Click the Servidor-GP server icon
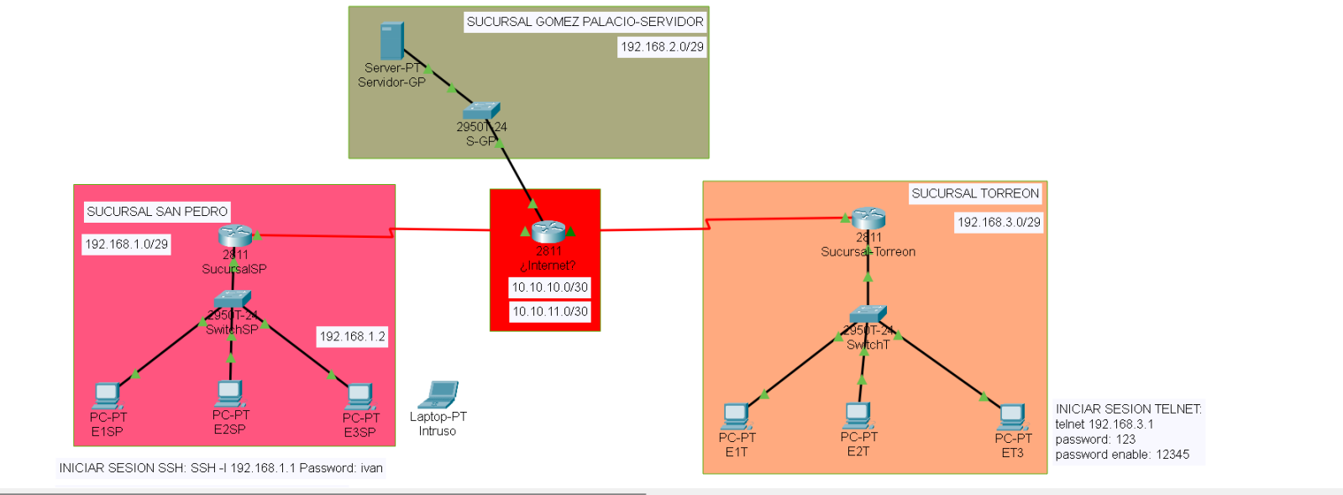click(391, 41)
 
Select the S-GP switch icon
click(481, 111)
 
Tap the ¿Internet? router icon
click(548, 231)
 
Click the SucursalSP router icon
click(235, 236)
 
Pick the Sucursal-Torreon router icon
click(868, 219)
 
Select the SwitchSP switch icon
click(232, 299)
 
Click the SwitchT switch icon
click(868, 315)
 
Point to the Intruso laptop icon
click(438, 395)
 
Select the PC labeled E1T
click(736, 416)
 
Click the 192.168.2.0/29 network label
click(662, 47)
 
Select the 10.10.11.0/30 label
click(550, 312)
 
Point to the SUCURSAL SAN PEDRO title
click(157, 212)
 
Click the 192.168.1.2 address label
click(352, 337)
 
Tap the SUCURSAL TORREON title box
click(975, 193)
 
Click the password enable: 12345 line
click(1122, 455)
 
